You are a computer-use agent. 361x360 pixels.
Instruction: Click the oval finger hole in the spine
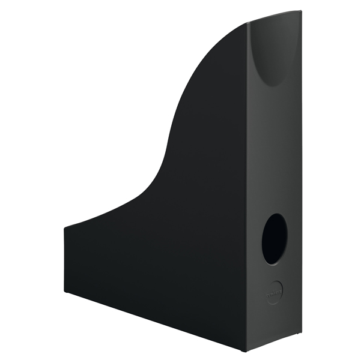pyautogui.click(x=274, y=238)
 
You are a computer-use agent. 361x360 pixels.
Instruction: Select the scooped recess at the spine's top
pyautogui.click(x=274, y=51)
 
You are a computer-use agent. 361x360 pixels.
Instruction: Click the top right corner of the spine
pyautogui.click(x=301, y=12)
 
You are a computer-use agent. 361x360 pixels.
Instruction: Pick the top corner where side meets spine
pyautogui.click(x=248, y=24)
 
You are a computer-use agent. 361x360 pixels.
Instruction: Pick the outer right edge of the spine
pyautogui.click(x=300, y=180)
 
